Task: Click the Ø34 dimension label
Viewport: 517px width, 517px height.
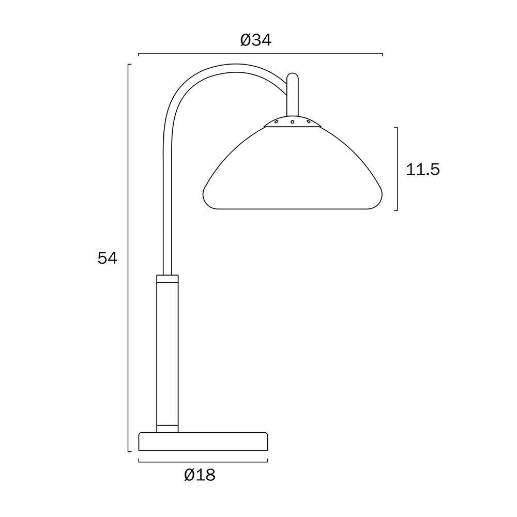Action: click(x=256, y=40)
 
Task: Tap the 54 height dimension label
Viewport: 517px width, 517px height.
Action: click(x=108, y=258)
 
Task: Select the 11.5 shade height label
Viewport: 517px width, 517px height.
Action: click(x=423, y=170)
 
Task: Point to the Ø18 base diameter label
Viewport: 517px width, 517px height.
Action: click(x=200, y=475)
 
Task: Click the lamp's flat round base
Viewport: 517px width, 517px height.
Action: click(x=203, y=442)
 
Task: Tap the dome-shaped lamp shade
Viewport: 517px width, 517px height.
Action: click(x=293, y=168)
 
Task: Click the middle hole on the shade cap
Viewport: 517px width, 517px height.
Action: click(x=293, y=122)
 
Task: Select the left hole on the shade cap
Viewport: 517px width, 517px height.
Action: click(x=276, y=122)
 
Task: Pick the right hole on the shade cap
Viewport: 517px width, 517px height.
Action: click(x=309, y=121)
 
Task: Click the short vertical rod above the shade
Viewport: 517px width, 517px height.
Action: click(x=293, y=95)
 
